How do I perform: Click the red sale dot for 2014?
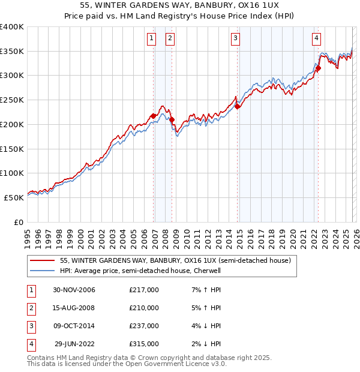tap(237, 107)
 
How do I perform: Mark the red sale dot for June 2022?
tap(319, 68)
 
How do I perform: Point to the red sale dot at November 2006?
tap(154, 116)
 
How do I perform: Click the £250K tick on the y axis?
tap(12, 100)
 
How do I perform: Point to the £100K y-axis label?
tap(12, 173)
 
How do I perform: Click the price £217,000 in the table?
tap(144, 290)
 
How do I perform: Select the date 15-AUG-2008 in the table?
tap(74, 308)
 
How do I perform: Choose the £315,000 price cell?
tap(144, 344)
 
